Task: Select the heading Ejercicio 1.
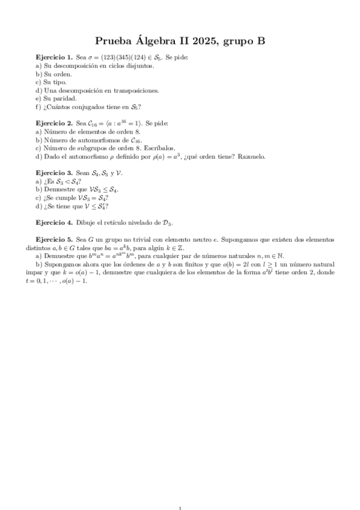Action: point(55,58)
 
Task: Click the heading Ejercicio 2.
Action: point(55,122)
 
